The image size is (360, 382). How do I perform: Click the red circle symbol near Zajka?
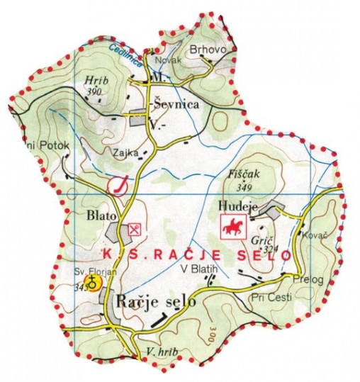tap(118, 186)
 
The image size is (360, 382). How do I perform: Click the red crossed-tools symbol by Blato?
tap(135, 229)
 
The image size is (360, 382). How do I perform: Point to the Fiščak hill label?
tap(244, 172)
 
